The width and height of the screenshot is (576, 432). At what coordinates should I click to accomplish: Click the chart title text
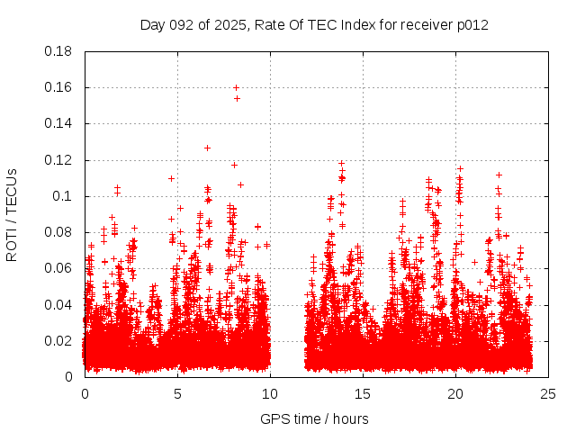(x=314, y=24)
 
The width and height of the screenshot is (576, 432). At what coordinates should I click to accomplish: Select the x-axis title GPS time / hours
(x=314, y=418)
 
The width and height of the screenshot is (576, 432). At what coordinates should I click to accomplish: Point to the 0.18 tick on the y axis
(x=58, y=51)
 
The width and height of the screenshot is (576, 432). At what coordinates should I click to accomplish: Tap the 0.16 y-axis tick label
(x=58, y=87)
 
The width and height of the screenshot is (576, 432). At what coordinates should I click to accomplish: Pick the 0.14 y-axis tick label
(x=58, y=123)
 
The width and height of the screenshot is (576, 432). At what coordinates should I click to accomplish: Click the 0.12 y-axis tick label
(x=58, y=160)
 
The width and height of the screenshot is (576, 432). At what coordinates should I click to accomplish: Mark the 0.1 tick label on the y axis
(x=62, y=196)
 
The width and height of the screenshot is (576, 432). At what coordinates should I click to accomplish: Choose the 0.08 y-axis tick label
(x=58, y=232)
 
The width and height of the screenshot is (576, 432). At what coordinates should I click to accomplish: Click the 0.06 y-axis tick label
(x=58, y=268)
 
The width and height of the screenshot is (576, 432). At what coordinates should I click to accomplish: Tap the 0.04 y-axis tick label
(x=58, y=304)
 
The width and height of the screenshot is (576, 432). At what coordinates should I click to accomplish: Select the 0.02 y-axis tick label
(x=58, y=340)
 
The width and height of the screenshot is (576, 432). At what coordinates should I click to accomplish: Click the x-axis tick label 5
(x=177, y=393)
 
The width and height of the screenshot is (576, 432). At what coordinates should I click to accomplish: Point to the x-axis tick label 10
(x=270, y=393)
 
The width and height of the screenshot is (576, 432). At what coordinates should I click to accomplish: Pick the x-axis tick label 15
(x=363, y=393)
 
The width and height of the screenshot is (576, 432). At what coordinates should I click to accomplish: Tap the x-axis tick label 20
(x=455, y=393)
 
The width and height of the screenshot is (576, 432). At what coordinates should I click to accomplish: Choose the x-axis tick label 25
(x=548, y=393)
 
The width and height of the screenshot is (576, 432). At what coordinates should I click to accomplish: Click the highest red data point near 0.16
(x=236, y=87)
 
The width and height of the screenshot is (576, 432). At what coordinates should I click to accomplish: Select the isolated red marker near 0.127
(x=207, y=148)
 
